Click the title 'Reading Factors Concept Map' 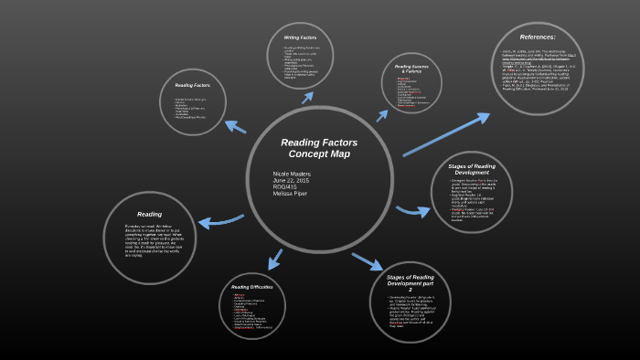point(318,148)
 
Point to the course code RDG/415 point(287,187)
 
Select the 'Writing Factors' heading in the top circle point(304,37)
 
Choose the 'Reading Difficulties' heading point(251,287)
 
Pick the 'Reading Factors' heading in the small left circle point(194,85)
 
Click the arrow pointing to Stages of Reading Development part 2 point(367,260)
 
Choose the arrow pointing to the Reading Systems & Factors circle point(382,115)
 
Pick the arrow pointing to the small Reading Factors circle point(234,126)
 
